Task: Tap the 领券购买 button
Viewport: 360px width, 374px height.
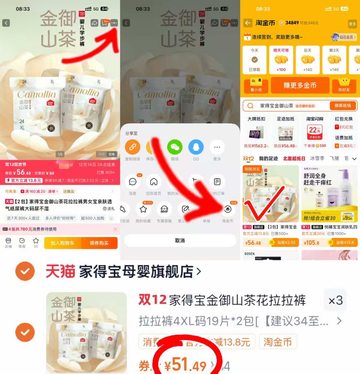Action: pyautogui.click(x=99, y=243)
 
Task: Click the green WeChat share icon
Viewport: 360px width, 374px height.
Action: pyautogui.click(x=175, y=147)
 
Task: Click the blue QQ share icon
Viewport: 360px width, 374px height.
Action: pyautogui.click(x=196, y=147)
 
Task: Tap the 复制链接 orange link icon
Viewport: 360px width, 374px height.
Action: pyautogui.click(x=133, y=147)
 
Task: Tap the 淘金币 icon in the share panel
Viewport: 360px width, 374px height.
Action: pyautogui.click(x=228, y=209)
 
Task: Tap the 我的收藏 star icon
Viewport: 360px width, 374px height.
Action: pyautogui.click(x=143, y=209)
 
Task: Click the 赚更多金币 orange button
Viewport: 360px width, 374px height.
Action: pyautogui.click(x=300, y=85)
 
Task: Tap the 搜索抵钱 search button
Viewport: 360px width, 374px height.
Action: pyautogui.click(x=343, y=106)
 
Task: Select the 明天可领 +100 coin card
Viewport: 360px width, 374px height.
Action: pyautogui.click(x=281, y=60)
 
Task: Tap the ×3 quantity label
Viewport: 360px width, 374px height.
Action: pyautogui.click(x=336, y=301)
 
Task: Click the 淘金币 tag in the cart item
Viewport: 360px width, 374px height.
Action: pyautogui.click(x=277, y=342)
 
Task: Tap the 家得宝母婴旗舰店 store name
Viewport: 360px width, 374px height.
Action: pyautogui.click(x=136, y=272)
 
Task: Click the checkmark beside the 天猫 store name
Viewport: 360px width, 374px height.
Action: pyautogui.click(x=25, y=271)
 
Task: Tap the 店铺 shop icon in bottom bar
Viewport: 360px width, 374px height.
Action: pyautogui.click(x=8, y=242)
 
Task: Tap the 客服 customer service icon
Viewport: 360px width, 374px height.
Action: pyautogui.click(x=22, y=242)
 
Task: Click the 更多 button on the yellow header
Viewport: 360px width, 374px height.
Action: pyautogui.click(x=352, y=24)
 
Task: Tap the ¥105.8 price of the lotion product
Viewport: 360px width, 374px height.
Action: pyautogui.click(x=312, y=243)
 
